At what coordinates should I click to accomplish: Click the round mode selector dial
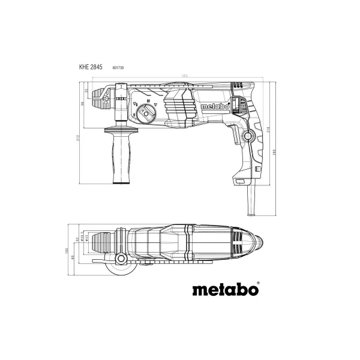(x=144, y=113)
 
